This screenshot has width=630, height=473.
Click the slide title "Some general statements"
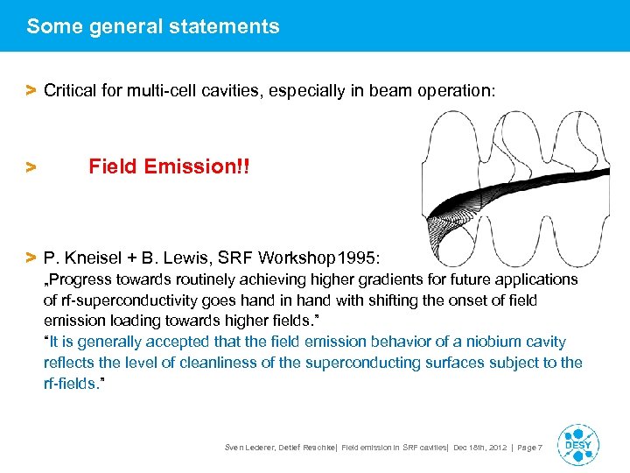(153, 26)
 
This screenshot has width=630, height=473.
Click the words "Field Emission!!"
(169, 166)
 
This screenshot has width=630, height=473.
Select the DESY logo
(577, 445)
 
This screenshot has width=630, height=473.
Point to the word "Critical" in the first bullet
(71, 90)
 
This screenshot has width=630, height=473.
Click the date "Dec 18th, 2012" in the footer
(478, 448)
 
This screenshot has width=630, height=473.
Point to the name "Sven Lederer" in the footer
(250, 448)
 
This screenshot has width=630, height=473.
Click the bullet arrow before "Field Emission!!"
(31, 166)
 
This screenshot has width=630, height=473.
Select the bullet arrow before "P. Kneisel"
(31, 258)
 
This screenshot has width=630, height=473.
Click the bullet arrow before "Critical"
(31, 90)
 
